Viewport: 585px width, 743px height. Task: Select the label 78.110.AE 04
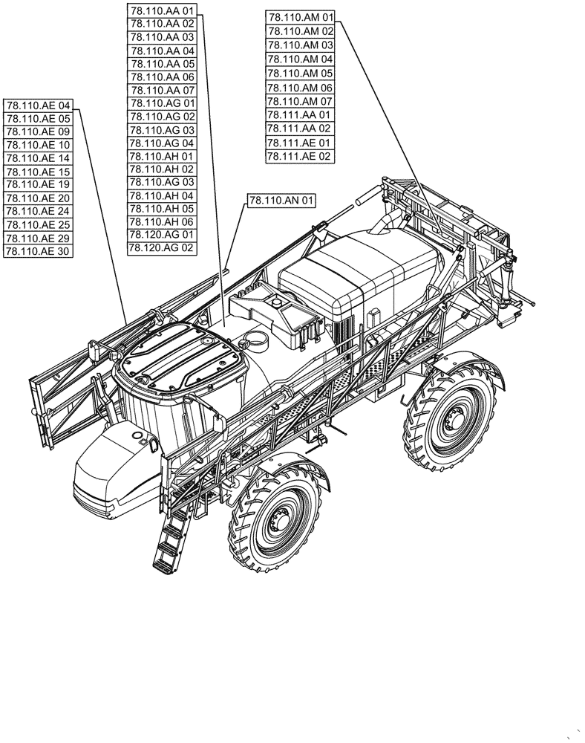pos(38,106)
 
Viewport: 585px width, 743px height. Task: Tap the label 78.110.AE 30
pos(38,251)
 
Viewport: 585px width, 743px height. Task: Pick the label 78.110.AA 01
pos(162,10)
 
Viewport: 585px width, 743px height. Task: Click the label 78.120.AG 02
pos(162,248)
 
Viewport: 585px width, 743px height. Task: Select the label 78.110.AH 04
pos(162,195)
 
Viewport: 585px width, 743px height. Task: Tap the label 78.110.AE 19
pos(38,184)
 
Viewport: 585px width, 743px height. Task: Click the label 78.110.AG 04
pos(162,143)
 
